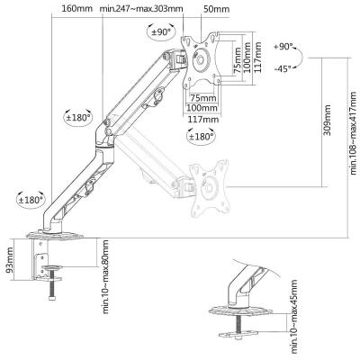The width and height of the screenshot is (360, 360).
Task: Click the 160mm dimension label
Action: (76, 8)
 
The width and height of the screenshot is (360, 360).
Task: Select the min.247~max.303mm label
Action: (141, 8)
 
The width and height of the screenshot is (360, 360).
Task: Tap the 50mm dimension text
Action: (216, 9)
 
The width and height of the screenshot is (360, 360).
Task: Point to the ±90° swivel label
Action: (161, 31)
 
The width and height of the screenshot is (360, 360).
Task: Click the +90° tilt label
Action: (283, 47)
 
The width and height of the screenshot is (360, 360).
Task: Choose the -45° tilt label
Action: (283, 68)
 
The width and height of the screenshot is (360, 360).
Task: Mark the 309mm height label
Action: (328, 121)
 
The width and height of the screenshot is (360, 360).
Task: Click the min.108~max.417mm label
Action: (354, 133)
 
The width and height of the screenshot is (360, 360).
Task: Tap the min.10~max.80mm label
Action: (105, 276)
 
